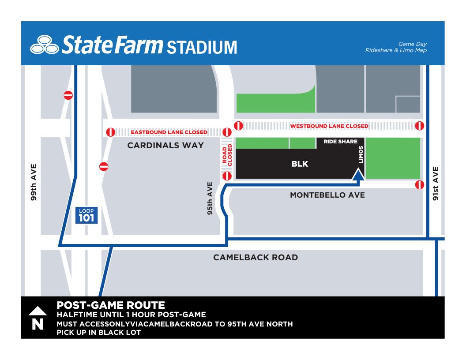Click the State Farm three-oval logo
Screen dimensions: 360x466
click(x=44, y=45)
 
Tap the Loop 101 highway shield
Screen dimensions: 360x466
click(x=86, y=215)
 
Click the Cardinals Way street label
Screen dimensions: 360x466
click(x=165, y=145)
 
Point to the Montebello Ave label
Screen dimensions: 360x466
click(x=327, y=195)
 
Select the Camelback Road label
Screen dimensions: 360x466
click(x=256, y=257)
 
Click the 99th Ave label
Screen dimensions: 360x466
click(x=34, y=183)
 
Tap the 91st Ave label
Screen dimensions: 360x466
click(x=436, y=183)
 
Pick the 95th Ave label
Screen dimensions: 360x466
click(x=210, y=199)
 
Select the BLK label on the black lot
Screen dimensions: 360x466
click(x=300, y=164)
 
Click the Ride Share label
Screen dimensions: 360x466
click(x=340, y=142)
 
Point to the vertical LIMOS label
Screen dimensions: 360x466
click(x=361, y=154)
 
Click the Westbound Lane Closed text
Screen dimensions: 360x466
click(x=329, y=126)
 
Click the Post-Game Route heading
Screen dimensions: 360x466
click(x=111, y=305)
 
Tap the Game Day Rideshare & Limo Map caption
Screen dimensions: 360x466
click(x=396, y=47)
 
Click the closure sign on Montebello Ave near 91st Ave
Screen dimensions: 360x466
click(x=420, y=185)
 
